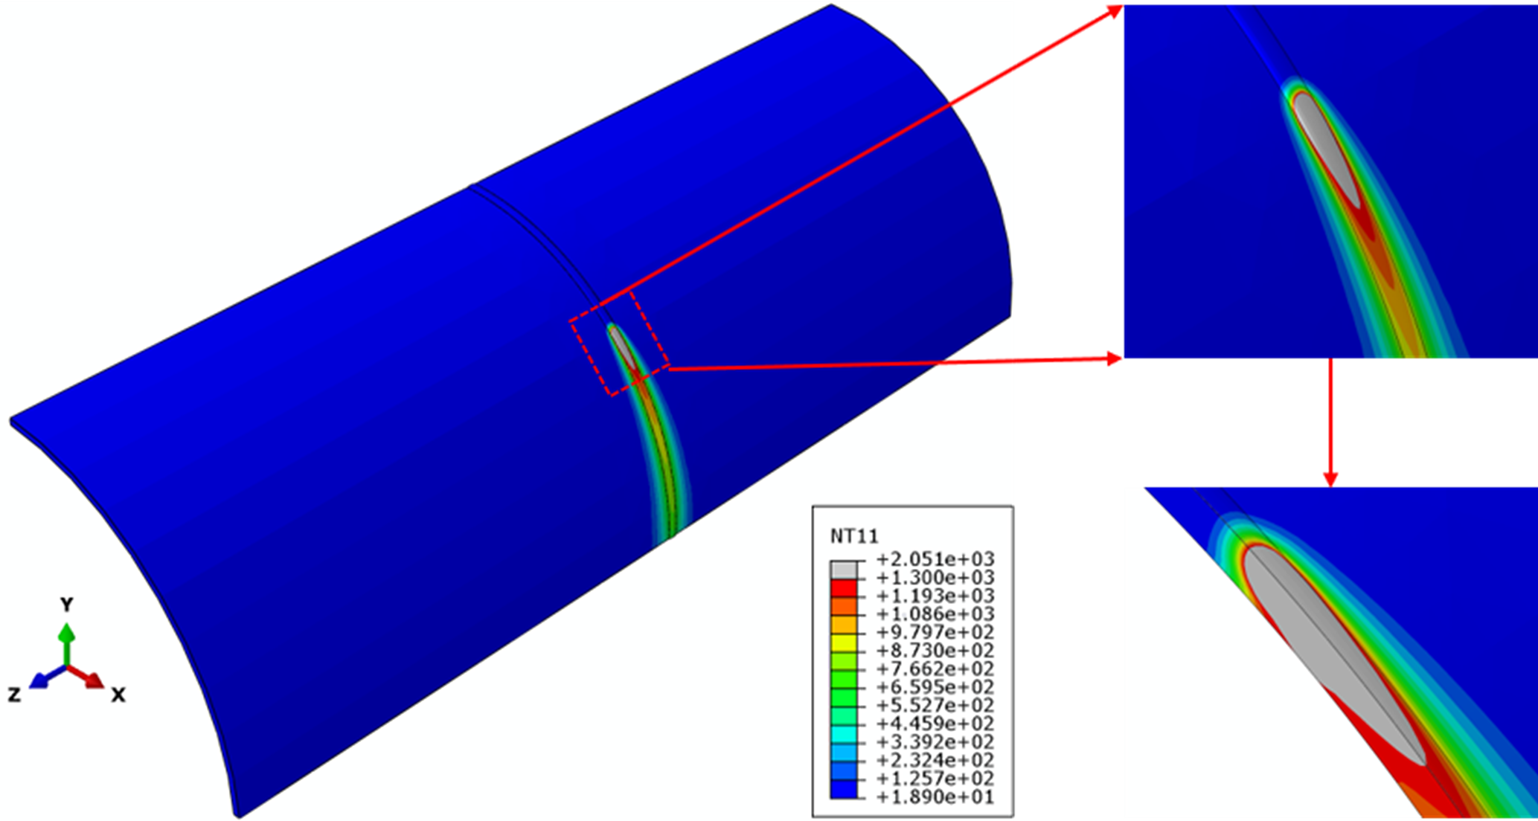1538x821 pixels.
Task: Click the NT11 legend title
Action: pyautogui.click(x=854, y=535)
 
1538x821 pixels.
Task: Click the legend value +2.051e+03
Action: pyautogui.click(x=935, y=559)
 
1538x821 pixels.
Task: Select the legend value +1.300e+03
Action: pyautogui.click(x=935, y=578)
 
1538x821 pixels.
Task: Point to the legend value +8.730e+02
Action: pyautogui.click(x=935, y=651)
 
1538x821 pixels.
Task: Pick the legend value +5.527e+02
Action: pyautogui.click(x=935, y=706)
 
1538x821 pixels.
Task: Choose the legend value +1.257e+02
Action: pyautogui.click(x=935, y=779)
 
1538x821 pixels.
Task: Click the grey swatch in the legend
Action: pyautogui.click(x=843, y=570)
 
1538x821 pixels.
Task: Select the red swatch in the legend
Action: pyautogui.click(x=843, y=588)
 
